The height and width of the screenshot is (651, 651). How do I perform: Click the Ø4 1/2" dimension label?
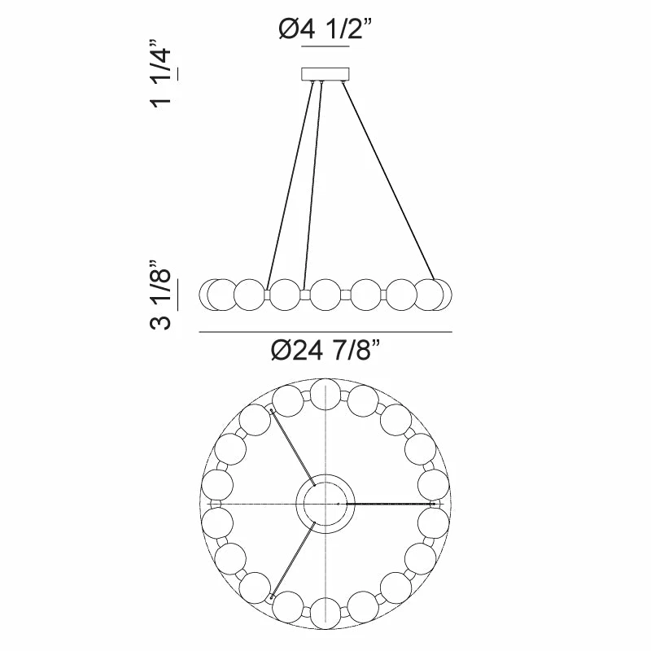pyautogui.click(x=325, y=30)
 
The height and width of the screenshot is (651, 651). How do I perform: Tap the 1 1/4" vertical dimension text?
pyautogui.click(x=160, y=74)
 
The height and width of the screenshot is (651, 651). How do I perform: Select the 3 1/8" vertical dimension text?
pyautogui.click(x=160, y=295)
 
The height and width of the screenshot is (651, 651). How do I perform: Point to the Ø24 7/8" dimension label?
pyautogui.click(x=325, y=351)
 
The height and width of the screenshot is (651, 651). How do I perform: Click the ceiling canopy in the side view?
pyautogui.click(x=325, y=73)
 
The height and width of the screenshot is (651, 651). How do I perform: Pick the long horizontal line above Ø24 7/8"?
pyautogui.click(x=325, y=332)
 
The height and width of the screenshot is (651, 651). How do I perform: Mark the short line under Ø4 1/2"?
pyautogui.click(x=325, y=46)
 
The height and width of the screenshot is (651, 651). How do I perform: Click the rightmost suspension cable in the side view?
pyautogui.click(x=389, y=181)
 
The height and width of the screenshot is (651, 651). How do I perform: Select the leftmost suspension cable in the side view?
pyautogui.click(x=290, y=186)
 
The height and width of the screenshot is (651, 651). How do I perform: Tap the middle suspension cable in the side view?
pyautogui.click(x=313, y=186)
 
